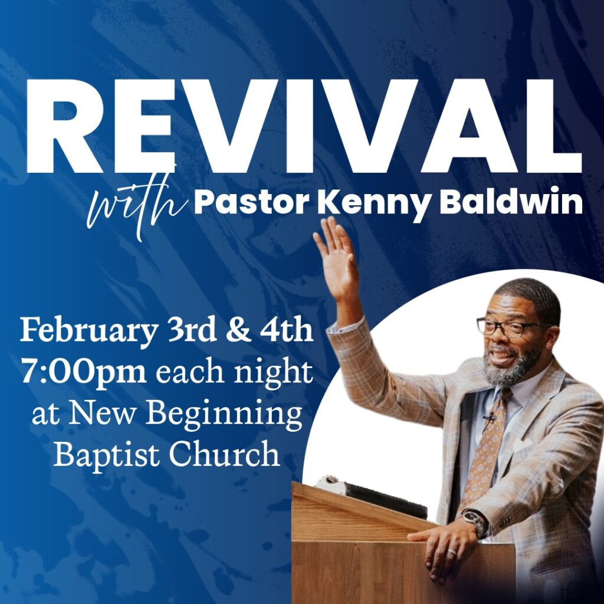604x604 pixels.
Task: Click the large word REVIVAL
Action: tap(304, 126)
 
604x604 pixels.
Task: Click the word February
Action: tap(88, 331)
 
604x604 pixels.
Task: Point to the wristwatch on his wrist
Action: tap(475, 523)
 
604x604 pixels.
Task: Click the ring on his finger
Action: tap(451, 552)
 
